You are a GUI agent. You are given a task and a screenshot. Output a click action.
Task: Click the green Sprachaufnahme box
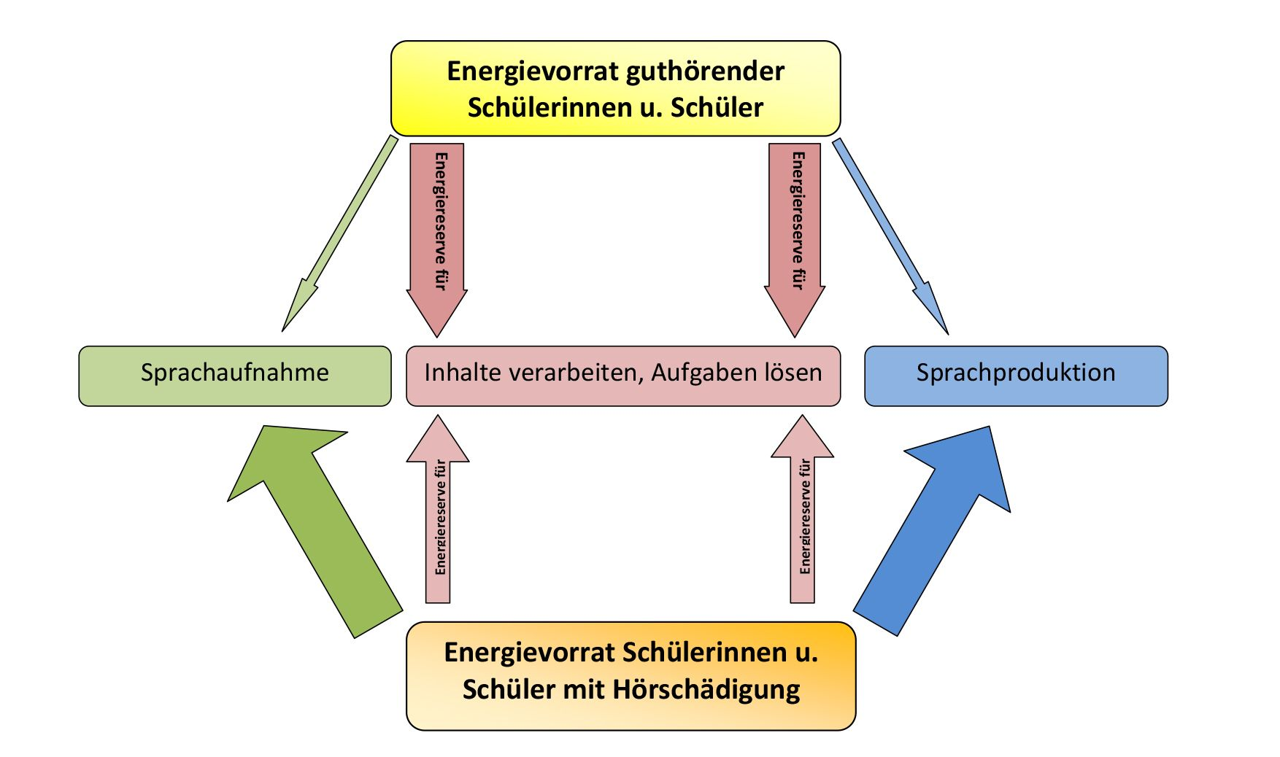point(235,376)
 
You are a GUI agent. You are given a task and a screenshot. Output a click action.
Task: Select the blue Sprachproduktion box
point(1016,376)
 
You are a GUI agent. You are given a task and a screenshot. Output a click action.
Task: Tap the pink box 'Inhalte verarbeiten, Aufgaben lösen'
point(623,376)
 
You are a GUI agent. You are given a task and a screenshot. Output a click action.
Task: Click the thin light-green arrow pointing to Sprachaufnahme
point(339,233)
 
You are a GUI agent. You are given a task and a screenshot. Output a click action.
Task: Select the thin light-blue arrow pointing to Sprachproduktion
point(890,236)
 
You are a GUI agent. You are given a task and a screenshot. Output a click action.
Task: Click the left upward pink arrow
point(438,509)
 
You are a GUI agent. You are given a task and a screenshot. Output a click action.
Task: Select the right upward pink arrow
point(803,509)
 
